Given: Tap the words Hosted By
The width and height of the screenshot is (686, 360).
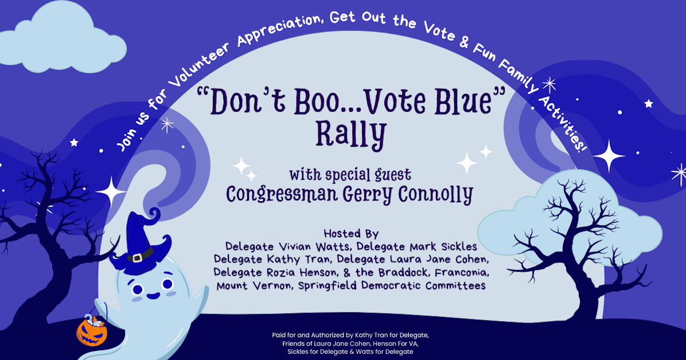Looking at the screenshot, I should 351,234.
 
